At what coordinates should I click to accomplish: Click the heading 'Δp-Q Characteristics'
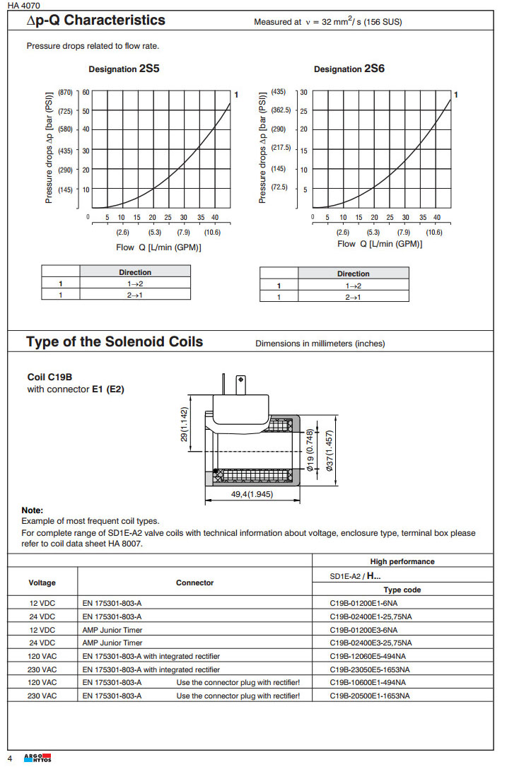[x=95, y=21]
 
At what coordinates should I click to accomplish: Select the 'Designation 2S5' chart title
[x=124, y=69]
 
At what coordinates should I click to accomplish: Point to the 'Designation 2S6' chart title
[x=349, y=69]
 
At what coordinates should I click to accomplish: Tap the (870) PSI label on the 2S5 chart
[x=65, y=93]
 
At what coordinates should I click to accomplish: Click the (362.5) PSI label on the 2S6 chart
[x=281, y=110]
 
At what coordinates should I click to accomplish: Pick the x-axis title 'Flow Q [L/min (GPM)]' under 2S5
[x=158, y=247]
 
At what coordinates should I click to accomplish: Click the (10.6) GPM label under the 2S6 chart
[x=433, y=233]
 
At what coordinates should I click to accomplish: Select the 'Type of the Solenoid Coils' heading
[x=115, y=342]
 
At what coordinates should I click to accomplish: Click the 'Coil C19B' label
[x=51, y=377]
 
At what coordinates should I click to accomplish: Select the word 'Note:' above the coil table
[x=33, y=510]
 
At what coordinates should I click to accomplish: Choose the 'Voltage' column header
[x=42, y=583]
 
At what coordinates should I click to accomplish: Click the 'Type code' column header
[x=402, y=590]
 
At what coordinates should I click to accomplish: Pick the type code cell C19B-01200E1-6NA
[x=363, y=603]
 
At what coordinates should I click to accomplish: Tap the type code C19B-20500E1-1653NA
[x=369, y=696]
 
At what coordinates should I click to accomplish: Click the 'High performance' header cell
[x=402, y=561]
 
